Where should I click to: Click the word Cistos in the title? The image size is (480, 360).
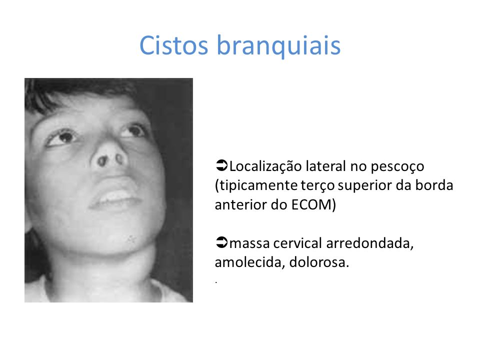[x=173, y=45]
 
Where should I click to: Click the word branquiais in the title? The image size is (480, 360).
[x=279, y=46]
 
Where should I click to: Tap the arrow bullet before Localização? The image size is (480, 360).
[x=221, y=165]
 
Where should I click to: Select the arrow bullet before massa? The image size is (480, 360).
[x=221, y=242]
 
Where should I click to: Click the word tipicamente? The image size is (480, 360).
[x=256, y=186]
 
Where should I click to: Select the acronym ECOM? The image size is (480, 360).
[x=311, y=204]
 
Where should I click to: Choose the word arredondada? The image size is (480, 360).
[x=370, y=244]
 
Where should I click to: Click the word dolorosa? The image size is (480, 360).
[x=319, y=262]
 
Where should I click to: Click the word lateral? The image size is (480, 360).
[x=326, y=166]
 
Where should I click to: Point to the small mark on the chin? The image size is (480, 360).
[x=131, y=239]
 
